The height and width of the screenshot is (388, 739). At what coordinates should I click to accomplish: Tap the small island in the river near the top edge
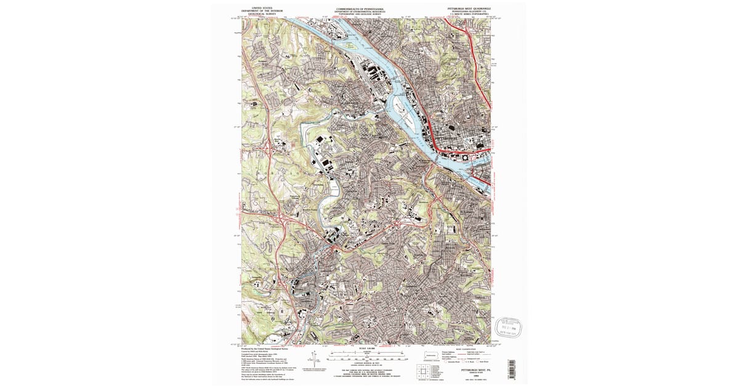(x=352, y=45)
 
